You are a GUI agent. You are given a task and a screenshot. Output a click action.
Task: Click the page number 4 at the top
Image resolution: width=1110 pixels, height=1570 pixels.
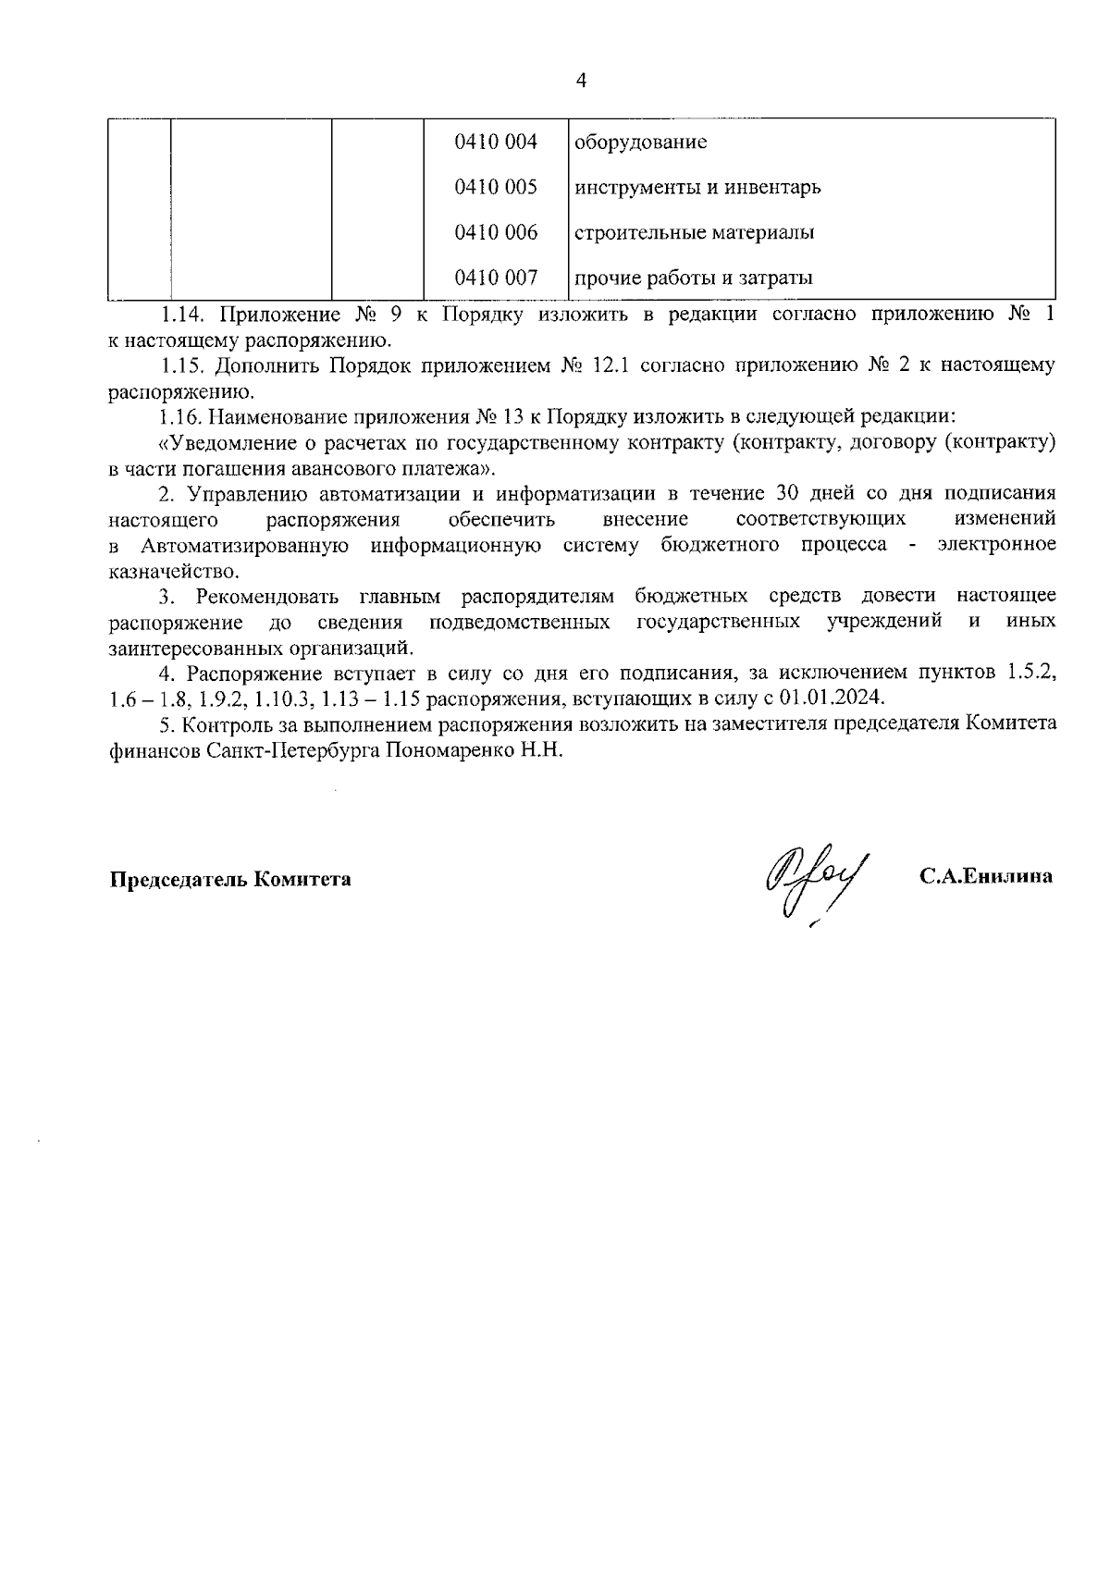581,80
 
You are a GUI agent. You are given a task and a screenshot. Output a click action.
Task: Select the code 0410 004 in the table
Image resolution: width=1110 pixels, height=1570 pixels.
496,142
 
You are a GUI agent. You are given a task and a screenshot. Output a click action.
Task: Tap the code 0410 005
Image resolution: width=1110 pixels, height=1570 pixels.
496,187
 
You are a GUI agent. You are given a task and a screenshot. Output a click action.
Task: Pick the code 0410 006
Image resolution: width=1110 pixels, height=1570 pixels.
496,232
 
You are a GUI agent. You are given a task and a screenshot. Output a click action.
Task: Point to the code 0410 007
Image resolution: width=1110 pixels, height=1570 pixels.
496,277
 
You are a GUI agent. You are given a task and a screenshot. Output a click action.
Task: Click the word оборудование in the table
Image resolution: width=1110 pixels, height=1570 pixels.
641,142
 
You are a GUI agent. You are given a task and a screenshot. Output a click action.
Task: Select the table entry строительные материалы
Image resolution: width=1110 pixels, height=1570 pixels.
694,233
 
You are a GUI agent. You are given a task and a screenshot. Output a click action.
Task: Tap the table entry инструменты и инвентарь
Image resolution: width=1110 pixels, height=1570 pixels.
697,188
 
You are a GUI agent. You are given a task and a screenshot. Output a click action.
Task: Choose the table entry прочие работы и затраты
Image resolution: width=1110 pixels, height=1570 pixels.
694,278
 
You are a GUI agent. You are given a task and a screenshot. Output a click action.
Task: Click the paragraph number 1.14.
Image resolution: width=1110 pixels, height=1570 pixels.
179,314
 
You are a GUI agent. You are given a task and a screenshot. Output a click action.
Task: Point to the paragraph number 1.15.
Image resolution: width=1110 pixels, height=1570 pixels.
179,365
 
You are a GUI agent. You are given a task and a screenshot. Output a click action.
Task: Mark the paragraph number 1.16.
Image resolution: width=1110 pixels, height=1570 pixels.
179,417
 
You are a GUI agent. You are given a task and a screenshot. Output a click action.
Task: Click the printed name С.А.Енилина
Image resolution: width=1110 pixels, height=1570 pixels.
985,877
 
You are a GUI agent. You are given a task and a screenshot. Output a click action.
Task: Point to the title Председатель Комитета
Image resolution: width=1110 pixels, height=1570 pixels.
230,879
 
